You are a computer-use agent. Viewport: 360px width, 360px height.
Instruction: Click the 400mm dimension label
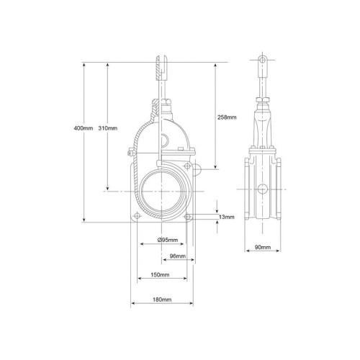click(84, 128)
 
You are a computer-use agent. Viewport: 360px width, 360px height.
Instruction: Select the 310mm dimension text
click(108, 128)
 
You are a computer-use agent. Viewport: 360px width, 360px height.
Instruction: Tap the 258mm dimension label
click(227, 117)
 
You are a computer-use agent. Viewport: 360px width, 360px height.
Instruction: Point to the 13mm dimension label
click(227, 217)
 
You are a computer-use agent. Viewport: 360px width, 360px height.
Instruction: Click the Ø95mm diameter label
click(168, 240)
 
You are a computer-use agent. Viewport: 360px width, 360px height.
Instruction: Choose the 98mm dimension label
click(178, 256)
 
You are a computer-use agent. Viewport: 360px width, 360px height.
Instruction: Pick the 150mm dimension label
click(160, 274)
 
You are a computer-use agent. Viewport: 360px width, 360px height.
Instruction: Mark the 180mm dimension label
click(162, 300)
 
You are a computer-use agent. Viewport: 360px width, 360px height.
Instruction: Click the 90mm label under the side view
click(263, 247)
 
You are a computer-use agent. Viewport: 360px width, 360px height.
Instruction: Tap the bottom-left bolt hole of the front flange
click(137, 215)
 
